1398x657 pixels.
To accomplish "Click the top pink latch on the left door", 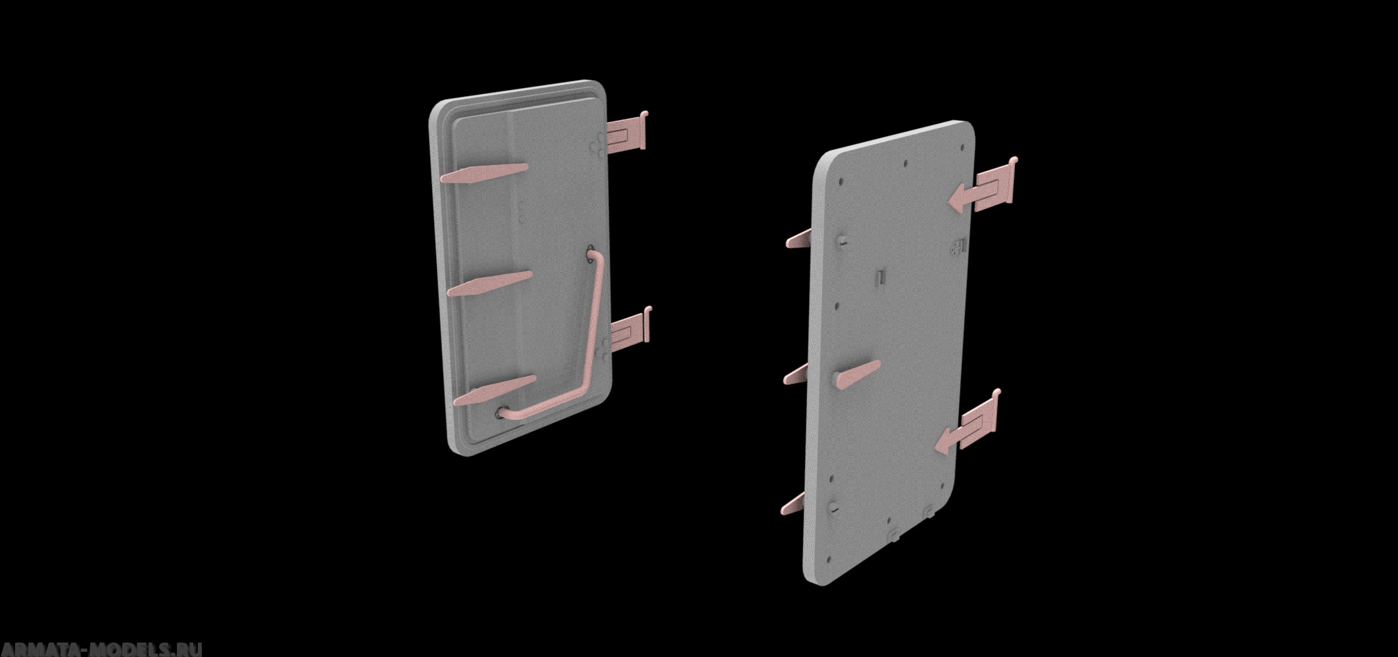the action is tap(485, 173).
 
